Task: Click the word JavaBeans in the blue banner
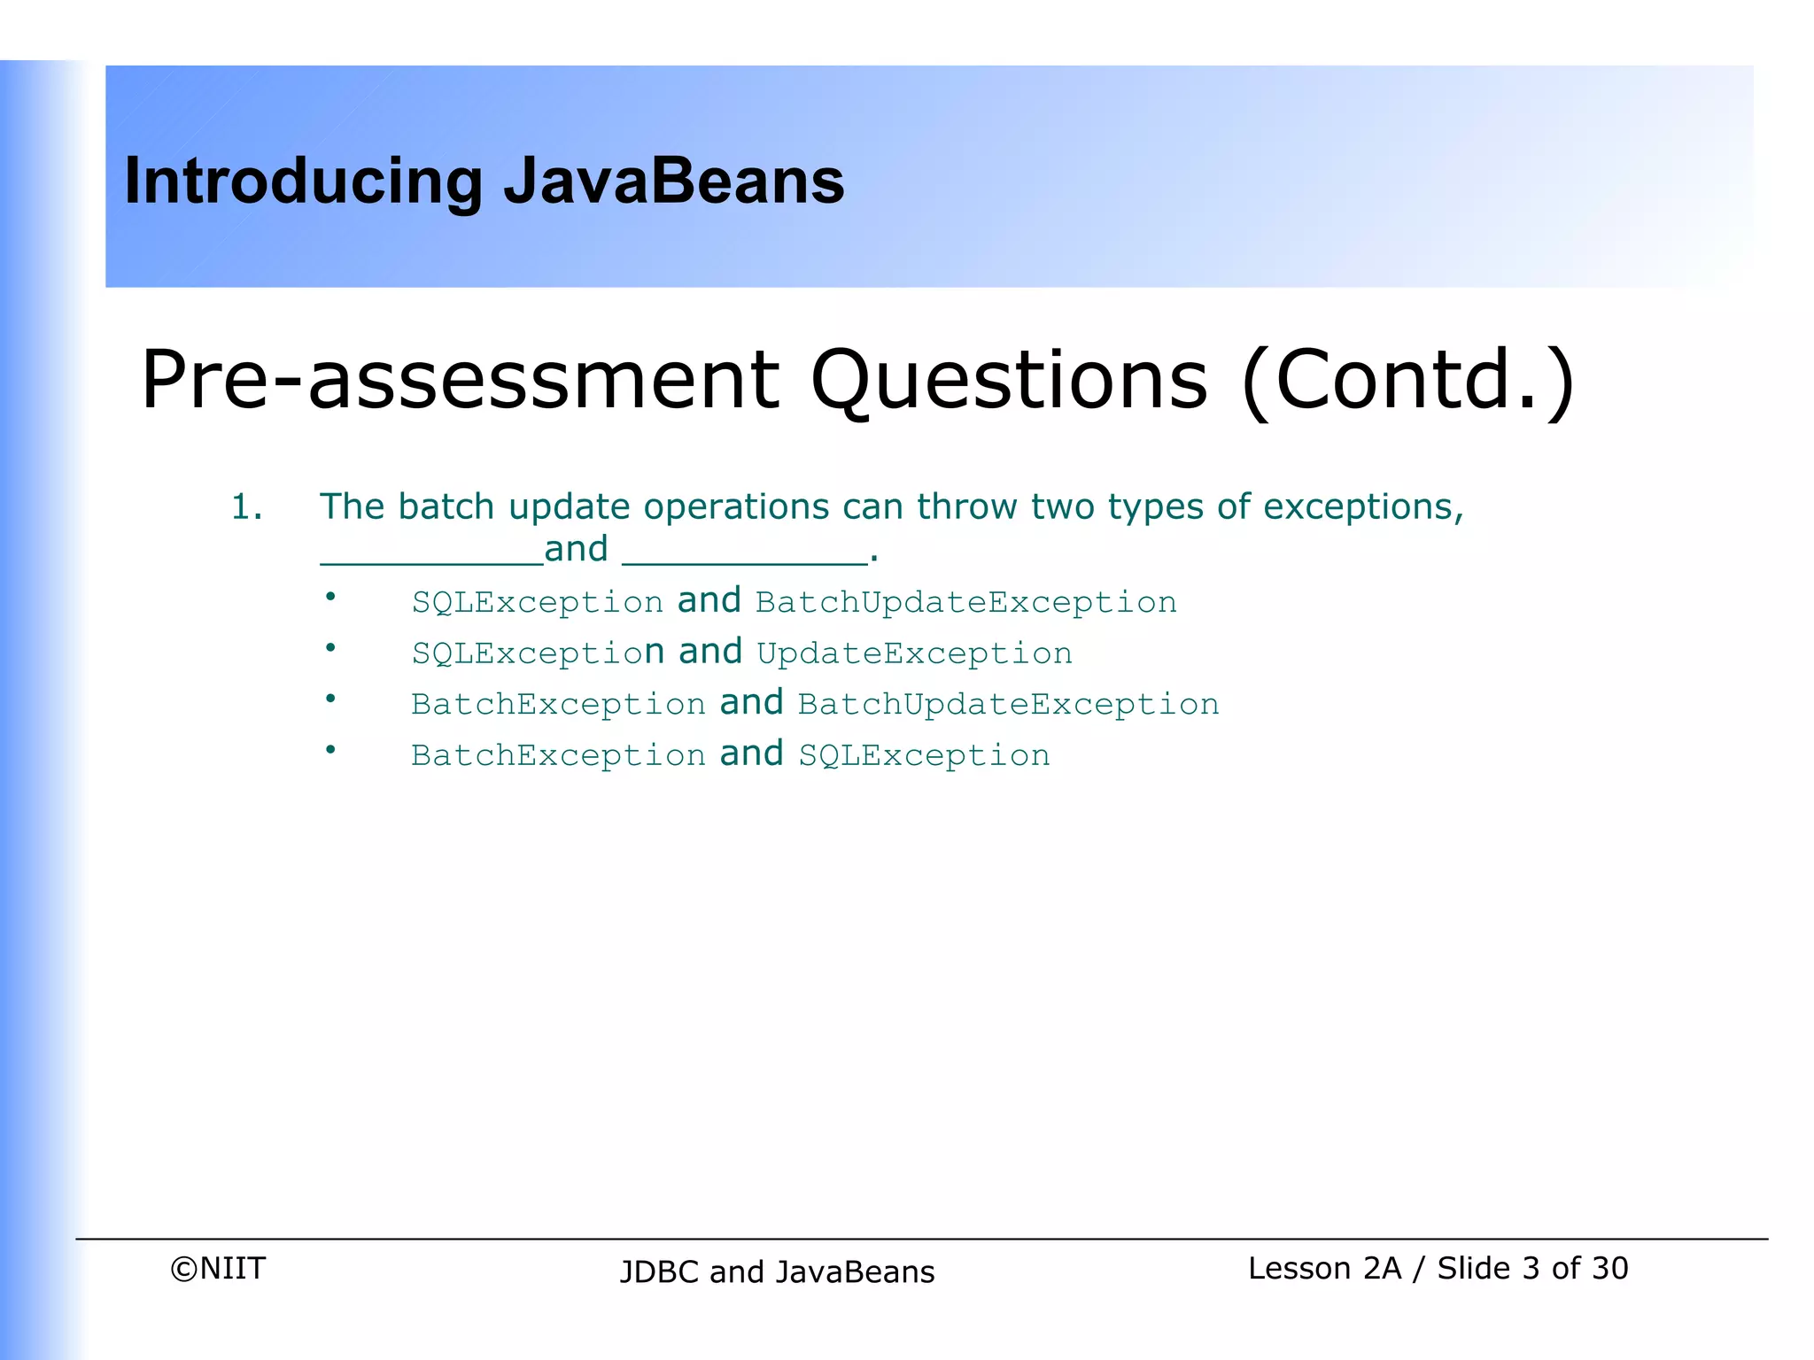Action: [673, 181]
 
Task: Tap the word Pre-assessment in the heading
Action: [460, 381]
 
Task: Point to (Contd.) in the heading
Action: [1408, 381]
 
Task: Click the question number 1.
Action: [246, 507]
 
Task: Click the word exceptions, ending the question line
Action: [1363, 507]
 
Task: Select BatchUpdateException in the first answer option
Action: [965, 603]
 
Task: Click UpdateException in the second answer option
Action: [914, 654]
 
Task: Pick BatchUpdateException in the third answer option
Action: [1008, 705]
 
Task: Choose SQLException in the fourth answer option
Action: [924, 756]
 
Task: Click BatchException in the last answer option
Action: [558, 756]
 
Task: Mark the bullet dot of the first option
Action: [330, 597]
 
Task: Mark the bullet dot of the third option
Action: [330, 699]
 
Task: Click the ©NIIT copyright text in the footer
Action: [218, 1268]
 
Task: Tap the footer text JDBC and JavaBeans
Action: [777, 1271]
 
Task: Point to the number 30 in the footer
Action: [1609, 1268]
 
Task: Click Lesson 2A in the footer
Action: [1324, 1268]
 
